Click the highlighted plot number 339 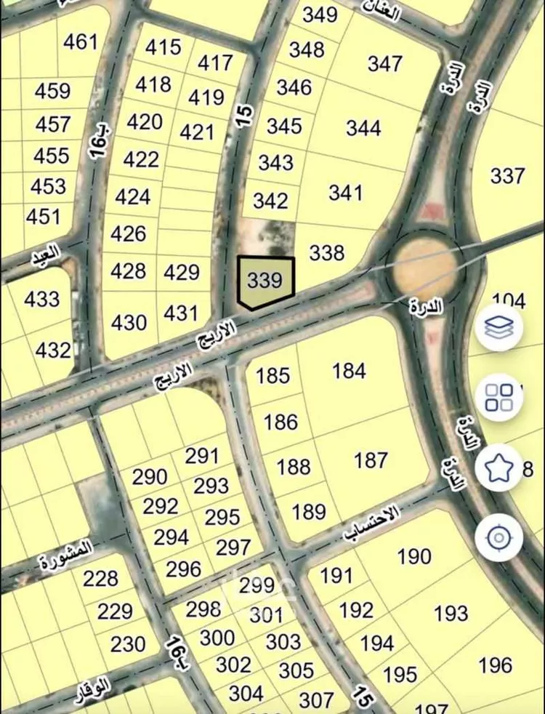tap(265, 281)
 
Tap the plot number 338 tap(327, 252)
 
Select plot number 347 tap(385, 63)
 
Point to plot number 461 tap(80, 42)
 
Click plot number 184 tap(349, 371)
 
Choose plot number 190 tap(414, 557)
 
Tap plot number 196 tap(496, 665)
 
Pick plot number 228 tap(100, 579)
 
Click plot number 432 tap(53, 350)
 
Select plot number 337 tap(507, 175)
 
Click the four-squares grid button tap(499, 397)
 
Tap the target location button tap(499, 538)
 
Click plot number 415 tap(163, 47)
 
